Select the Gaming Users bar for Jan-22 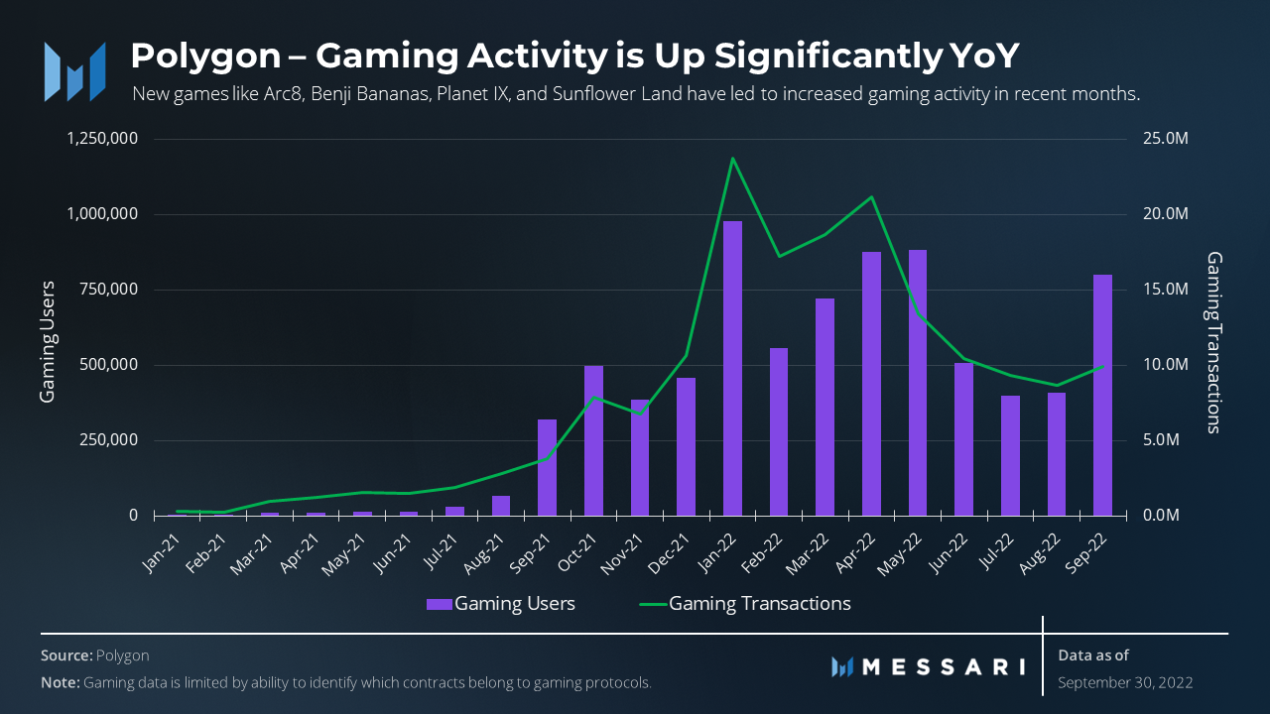pos(732,368)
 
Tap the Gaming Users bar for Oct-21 pos(593,440)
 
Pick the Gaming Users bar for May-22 pos(918,383)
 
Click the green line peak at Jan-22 pos(732,159)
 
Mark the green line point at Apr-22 pos(871,197)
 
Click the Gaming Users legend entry pos(501,603)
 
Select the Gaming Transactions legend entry pos(746,603)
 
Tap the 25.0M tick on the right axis pos(1164,139)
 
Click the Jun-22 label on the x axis pos(951,547)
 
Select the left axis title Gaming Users pos(48,341)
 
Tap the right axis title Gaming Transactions pos(1213,341)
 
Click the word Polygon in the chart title pos(205,56)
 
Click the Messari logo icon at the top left pos(74,70)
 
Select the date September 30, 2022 pos(1125,682)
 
